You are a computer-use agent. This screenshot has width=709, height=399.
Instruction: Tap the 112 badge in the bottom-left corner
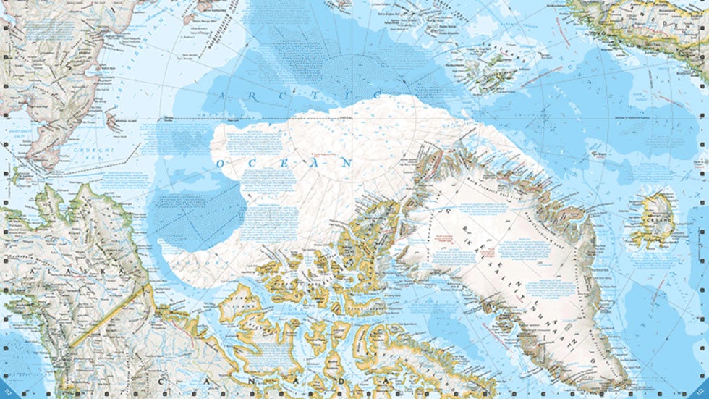pos(7,392)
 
